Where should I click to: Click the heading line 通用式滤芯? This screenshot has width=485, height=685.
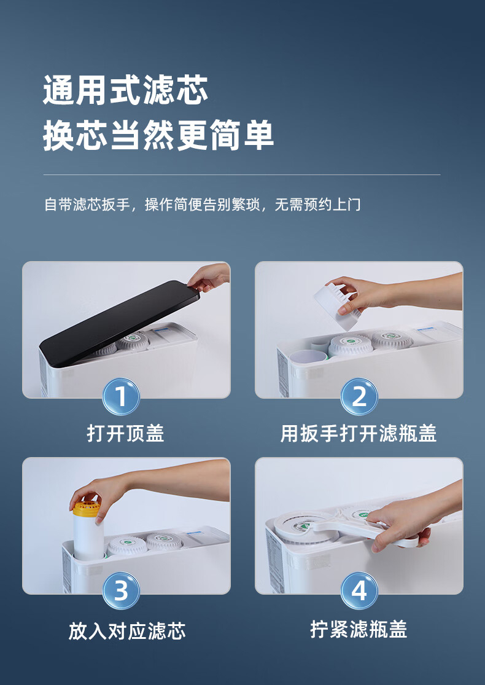tap(125, 90)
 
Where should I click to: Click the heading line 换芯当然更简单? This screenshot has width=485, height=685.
tap(158, 135)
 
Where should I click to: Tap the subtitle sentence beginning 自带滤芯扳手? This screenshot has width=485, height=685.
tap(203, 205)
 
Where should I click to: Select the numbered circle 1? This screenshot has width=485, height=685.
tap(121, 397)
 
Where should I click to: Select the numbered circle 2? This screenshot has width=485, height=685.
tap(359, 397)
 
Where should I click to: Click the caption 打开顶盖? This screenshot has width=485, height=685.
tap(125, 434)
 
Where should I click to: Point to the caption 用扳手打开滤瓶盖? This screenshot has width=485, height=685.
tap(359, 434)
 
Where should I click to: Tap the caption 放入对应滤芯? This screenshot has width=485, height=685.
tap(127, 632)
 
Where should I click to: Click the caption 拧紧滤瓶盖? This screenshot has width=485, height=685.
tap(359, 630)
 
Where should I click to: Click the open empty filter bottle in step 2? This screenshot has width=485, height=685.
tap(308, 356)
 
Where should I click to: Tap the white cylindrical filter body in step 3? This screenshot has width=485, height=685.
tap(88, 538)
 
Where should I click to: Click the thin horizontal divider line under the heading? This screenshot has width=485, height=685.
tap(242, 174)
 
